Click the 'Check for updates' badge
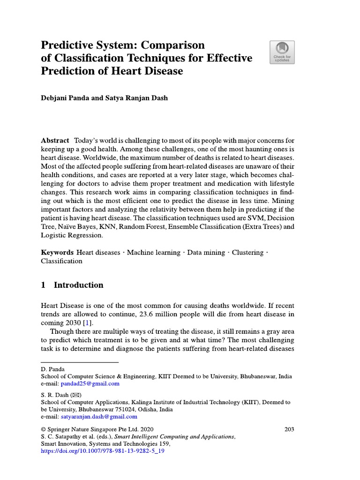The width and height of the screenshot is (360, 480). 282,52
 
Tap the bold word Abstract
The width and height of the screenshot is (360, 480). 55,141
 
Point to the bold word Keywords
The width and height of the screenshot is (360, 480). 57,252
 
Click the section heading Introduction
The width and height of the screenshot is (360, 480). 78,285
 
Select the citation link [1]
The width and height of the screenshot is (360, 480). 87,323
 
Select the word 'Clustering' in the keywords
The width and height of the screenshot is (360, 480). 247,252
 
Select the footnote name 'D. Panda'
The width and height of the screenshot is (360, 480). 52,369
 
